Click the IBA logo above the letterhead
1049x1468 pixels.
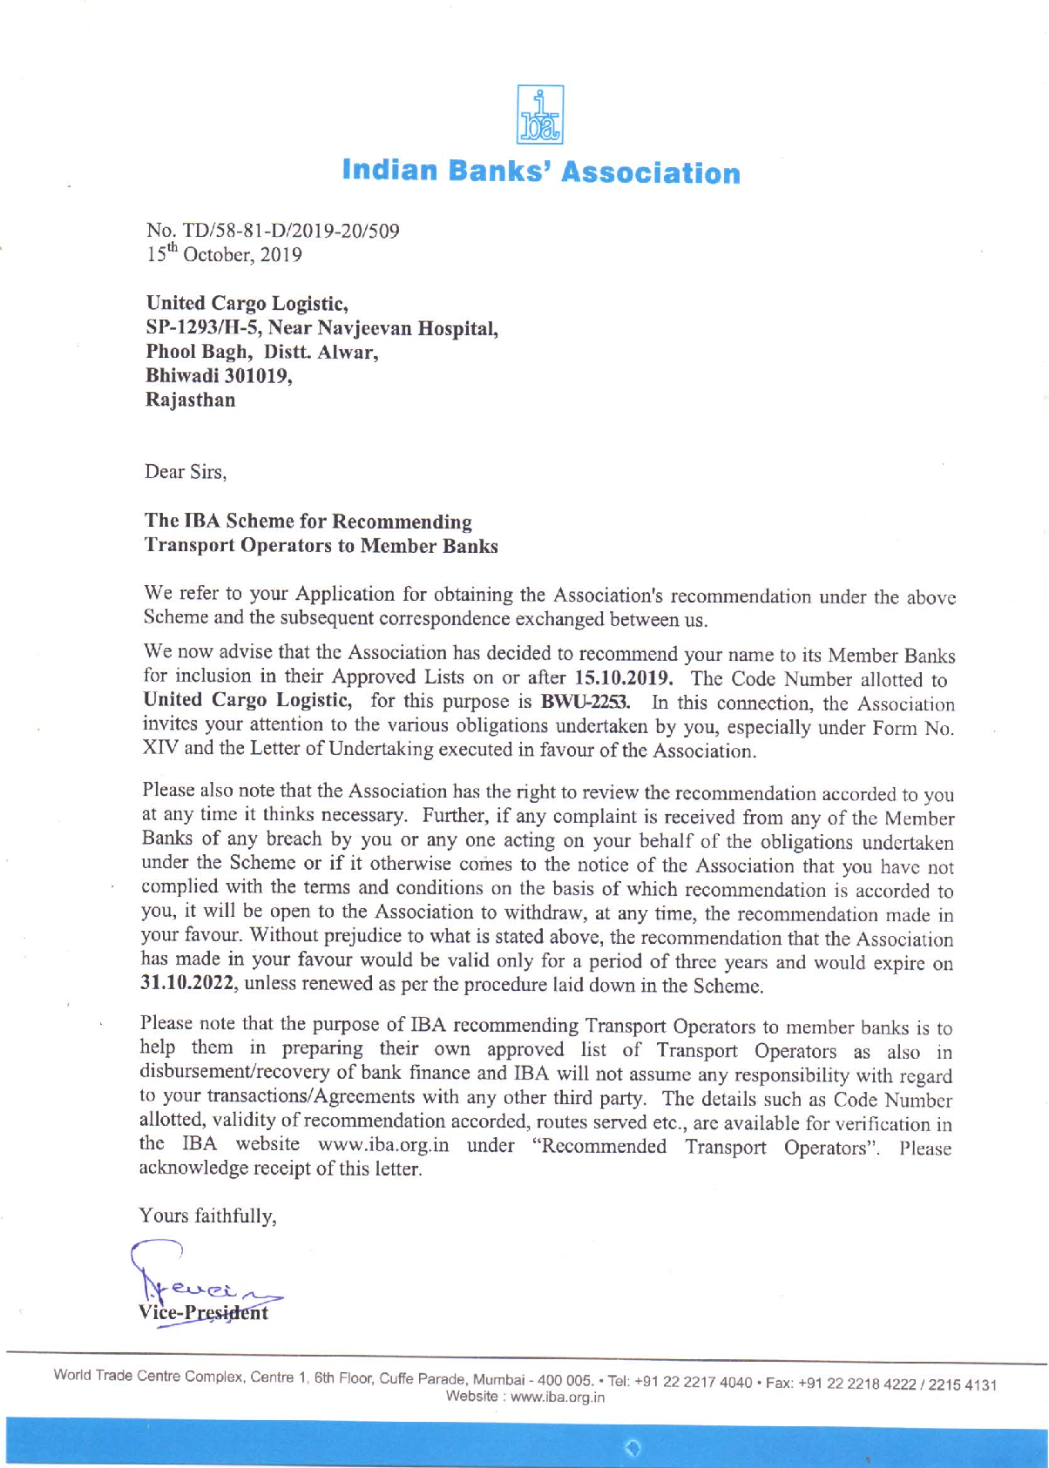(540, 115)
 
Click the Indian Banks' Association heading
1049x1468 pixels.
(541, 172)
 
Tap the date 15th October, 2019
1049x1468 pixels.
(224, 255)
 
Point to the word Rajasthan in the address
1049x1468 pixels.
(190, 401)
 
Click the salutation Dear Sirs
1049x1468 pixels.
(186, 472)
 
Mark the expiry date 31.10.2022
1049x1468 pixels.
(188, 984)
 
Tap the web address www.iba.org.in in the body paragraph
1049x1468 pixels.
(383, 1144)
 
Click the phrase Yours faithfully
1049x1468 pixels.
(208, 1215)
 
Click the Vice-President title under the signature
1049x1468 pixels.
(203, 1312)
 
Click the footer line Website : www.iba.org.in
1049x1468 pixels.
(524, 1397)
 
